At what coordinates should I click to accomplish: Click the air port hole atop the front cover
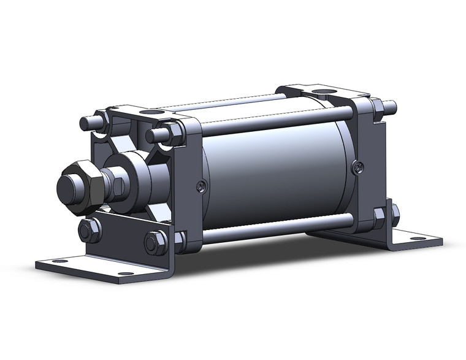[x=148, y=112]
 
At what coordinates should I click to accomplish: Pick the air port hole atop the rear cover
[x=323, y=93]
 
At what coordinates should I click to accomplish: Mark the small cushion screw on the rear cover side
[x=359, y=166]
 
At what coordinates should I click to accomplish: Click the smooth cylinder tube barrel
[x=276, y=172]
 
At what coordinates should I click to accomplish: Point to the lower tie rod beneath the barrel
[x=276, y=229]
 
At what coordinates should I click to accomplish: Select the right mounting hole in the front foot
[x=125, y=274]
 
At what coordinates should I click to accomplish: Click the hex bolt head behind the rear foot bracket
[x=395, y=214]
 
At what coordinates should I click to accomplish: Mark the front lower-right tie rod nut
[x=180, y=239]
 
